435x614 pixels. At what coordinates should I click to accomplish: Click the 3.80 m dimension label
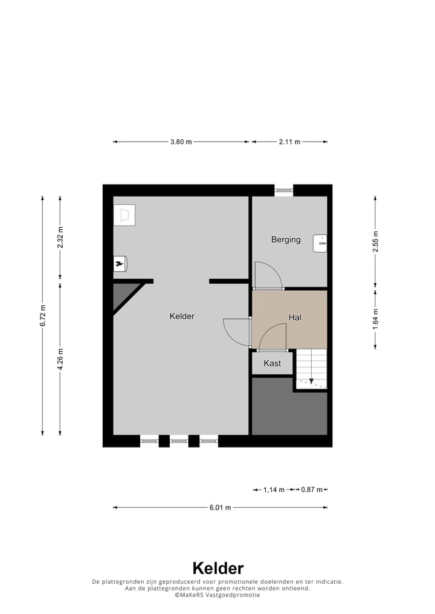(x=181, y=142)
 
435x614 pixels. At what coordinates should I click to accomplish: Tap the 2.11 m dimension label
(x=289, y=142)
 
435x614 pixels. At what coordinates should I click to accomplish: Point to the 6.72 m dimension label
(x=42, y=315)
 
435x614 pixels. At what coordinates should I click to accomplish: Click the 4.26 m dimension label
(x=60, y=358)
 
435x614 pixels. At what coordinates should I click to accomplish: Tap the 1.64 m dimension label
(x=375, y=317)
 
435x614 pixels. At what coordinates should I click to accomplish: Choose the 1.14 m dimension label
(x=274, y=490)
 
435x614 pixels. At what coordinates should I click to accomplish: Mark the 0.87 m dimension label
(x=312, y=490)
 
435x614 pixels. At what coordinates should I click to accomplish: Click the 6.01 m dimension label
(x=221, y=507)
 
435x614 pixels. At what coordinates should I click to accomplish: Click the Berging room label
(x=286, y=239)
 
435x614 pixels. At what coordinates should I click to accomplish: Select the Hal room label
(x=295, y=317)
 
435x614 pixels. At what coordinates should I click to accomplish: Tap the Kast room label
(x=272, y=363)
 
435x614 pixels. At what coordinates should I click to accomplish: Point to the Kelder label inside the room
(x=182, y=316)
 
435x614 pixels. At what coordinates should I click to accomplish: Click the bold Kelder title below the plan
(x=217, y=568)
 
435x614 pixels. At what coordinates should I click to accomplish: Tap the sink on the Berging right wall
(x=320, y=243)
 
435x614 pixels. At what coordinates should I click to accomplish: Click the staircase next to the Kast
(x=311, y=368)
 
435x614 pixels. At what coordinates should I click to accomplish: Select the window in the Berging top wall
(x=283, y=190)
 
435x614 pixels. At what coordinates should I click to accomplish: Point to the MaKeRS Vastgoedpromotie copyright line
(x=217, y=595)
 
